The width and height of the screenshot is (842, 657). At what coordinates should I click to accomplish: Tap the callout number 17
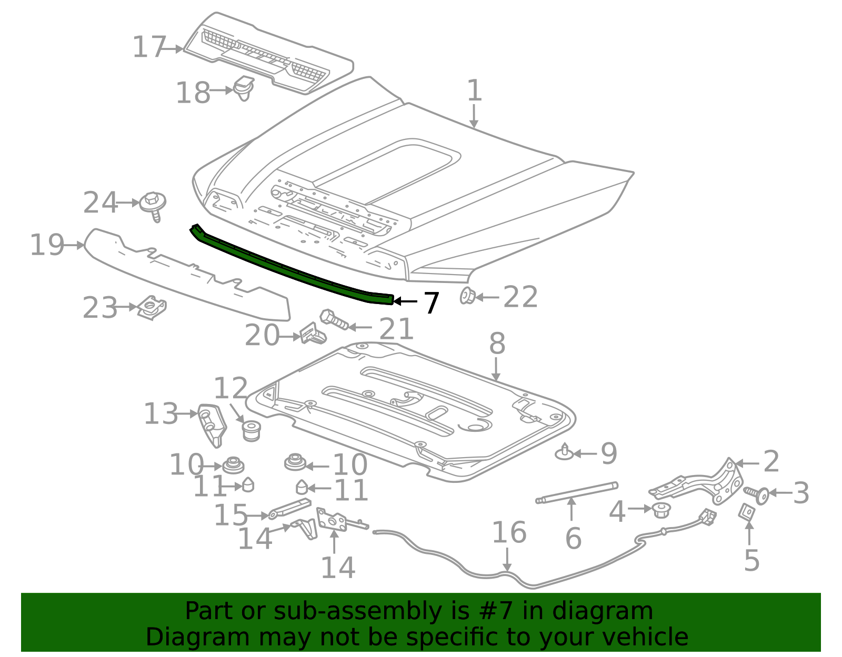[x=149, y=47]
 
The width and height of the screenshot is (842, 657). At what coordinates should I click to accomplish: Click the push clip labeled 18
[x=244, y=88]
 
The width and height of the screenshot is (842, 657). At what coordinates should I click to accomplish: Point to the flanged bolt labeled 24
[x=153, y=204]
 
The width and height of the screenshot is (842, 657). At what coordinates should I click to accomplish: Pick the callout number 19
[x=47, y=245]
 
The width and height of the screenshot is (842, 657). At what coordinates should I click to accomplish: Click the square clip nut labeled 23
[x=153, y=308]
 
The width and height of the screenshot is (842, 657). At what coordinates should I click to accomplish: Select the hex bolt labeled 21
[x=334, y=319]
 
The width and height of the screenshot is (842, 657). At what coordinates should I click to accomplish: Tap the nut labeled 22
[x=467, y=296]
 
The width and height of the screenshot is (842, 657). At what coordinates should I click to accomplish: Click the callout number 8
[x=497, y=344]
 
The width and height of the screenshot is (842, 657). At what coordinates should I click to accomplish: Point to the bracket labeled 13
[x=212, y=424]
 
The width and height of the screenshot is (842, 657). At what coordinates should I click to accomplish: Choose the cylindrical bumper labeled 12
[x=252, y=430]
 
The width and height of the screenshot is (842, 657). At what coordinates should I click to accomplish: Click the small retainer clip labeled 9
[x=564, y=452]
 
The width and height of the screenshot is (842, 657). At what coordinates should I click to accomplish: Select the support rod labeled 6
[x=577, y=492]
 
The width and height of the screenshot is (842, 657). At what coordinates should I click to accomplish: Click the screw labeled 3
[x=757, y=494]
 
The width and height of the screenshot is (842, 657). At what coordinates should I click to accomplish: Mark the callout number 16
[x=509, y=532]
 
